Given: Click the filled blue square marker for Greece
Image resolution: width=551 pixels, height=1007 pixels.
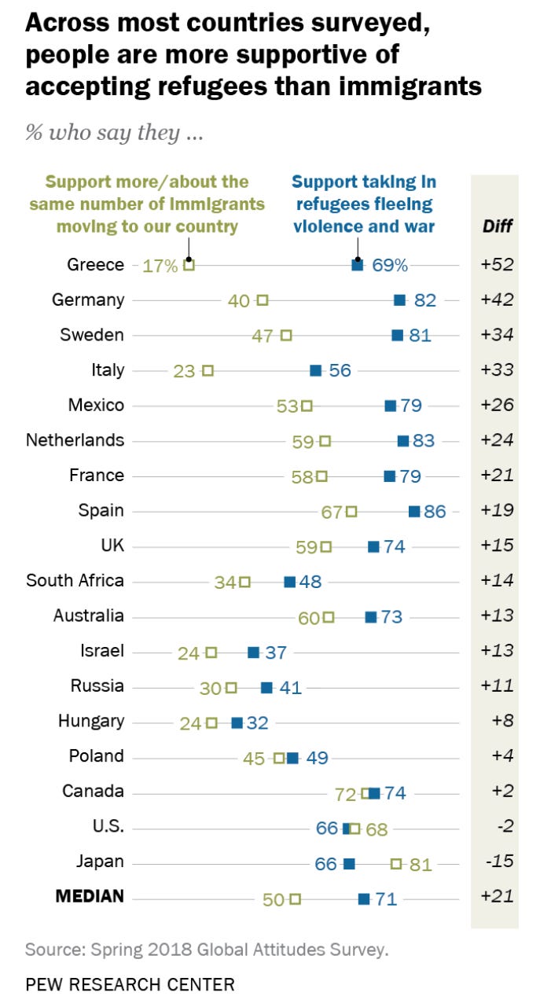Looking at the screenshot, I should pyautogui.click(x=357, y=266).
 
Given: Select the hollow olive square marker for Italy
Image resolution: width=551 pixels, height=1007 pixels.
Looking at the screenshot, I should pyautogui.click(x=208, y=370).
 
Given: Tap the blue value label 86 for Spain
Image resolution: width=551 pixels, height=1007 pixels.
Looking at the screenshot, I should pyautogui.click(x=435, y=511).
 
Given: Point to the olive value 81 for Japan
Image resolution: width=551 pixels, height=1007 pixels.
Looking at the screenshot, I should pyautogui.click(x=421, y=864).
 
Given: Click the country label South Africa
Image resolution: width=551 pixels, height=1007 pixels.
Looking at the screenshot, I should pyautogui.click(x=75, y=581).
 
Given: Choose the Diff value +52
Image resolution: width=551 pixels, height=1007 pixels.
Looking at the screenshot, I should pyautogui.click(x=497, y=265).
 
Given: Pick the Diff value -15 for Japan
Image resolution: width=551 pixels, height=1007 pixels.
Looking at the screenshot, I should pyautogui.click(x=497, y=862).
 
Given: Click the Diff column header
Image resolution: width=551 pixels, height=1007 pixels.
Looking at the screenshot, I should pyautogui.click(x=497, y=226).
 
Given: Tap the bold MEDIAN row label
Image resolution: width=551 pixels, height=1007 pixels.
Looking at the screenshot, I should pyautogui.click(x=89, y=897).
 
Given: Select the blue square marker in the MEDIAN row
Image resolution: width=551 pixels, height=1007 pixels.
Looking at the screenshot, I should pyautogui.click(x=364, y=899).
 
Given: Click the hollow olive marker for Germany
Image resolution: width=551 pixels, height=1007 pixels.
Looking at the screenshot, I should pyautogui.click(x=263, y=300).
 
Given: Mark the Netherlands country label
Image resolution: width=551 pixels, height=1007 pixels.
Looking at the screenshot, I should pyautogui.click(x=75, y=440).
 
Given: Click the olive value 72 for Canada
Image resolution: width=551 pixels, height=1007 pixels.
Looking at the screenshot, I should pyautogui.click(x=345, y=794).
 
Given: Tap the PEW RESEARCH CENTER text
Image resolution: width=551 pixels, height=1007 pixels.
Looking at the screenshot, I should pyautogui.click(x=130, y=983).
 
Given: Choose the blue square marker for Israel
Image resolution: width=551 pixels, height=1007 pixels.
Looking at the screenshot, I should pyautogui.click(x=253, y=652).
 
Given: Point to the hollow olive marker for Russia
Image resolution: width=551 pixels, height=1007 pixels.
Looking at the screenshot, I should pyautogui.click(x=230, y=688).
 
